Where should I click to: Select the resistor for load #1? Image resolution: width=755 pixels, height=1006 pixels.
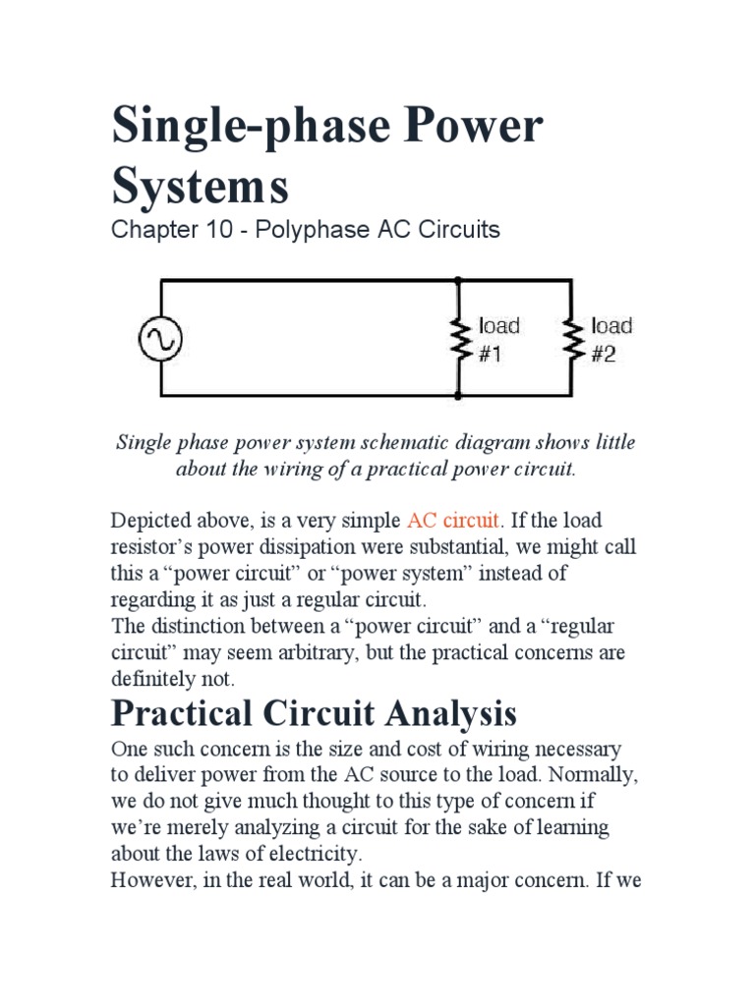tap(458, 339)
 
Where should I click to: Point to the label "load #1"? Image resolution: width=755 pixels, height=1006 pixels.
tap(498, 339)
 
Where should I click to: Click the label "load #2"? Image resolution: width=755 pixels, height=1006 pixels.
tap(610, 339)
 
